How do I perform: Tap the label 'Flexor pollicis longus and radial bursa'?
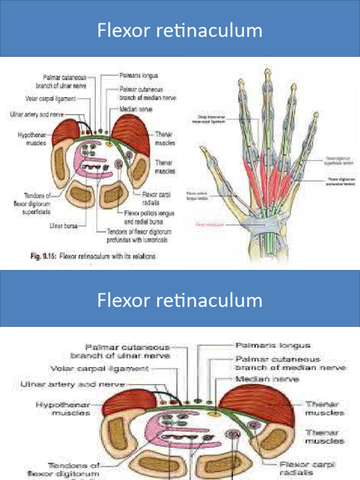click(x=149, y=217)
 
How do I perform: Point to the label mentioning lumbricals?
click(x=139, y=236)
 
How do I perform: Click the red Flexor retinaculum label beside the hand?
click(x=209, y=225)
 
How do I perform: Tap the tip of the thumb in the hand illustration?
click(x=202, y=149)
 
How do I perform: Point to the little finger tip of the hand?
click(x=315, y=114)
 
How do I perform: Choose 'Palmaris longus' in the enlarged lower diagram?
click(x=273, y=345)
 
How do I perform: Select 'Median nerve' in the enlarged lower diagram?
click(x=267, y=379)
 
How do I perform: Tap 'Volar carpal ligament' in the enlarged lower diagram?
click(x=99, y=368)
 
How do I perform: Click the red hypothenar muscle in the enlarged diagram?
click(x=129, y=402)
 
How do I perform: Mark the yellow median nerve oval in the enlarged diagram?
click(x=215, y=414)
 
